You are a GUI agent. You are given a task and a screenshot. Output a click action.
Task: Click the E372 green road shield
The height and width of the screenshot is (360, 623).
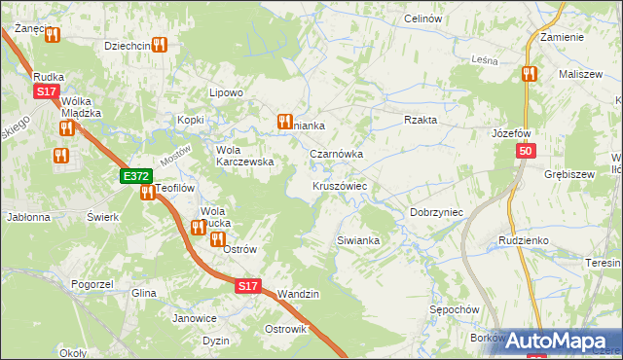tap(136, 176)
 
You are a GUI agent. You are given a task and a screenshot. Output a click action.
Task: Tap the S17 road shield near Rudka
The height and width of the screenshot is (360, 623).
tap(46, 91)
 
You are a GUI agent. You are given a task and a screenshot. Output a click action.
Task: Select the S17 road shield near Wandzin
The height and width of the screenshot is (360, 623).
tap(248, 286)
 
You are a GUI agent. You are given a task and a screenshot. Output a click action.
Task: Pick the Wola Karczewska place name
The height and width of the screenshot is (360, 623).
tap(243, 156)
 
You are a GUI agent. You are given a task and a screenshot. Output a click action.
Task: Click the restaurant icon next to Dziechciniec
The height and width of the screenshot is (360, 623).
tap(159, 45)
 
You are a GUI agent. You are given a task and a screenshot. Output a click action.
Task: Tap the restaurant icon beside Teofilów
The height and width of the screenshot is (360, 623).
tap(147, 193)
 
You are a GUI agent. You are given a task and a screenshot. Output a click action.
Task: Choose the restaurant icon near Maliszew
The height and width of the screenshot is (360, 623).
tap(529, 73)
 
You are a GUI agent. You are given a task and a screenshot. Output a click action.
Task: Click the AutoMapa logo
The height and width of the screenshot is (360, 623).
tap(563, 341)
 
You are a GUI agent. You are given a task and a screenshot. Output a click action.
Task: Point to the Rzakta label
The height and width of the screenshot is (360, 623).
tap(421, 120)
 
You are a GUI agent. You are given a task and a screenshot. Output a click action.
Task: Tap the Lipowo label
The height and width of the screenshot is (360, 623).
tap(226, 92)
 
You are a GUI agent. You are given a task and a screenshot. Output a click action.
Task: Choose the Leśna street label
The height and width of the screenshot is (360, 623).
tap(484, 60)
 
